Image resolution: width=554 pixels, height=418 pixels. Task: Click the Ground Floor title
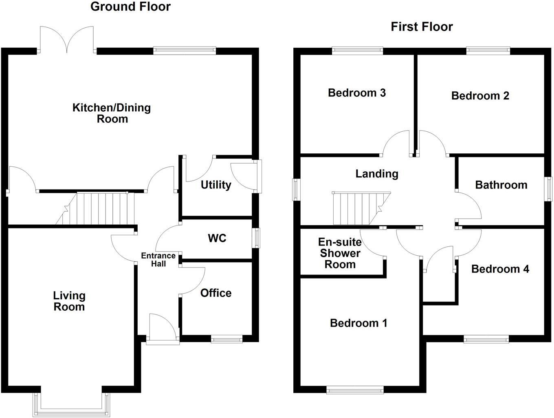tap(130, 7)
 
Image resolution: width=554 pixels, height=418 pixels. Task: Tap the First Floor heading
tap(422, 27)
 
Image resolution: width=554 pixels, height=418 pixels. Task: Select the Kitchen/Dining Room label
tap(112, 113)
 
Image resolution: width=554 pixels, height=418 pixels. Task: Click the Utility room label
tap(216, 185)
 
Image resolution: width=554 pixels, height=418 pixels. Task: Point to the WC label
tap(217, 238)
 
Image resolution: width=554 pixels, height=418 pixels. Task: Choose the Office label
tap(216, 293)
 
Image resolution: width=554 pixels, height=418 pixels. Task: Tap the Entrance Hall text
tap(158, 260)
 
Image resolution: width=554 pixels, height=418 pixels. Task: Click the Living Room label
tap(69, 301)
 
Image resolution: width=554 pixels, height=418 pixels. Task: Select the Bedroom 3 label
tap(357, 93)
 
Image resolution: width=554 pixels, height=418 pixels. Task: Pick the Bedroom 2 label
tap(480, 96)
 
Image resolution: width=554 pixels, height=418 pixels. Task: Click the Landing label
tap(377, 174)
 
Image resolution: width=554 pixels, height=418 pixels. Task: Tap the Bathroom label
tap(501, 185)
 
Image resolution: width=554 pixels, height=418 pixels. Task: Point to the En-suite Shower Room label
tap(340, 253)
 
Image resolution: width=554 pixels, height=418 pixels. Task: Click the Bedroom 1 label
tap(358, 323)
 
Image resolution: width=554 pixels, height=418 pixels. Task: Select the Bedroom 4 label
tap(500, 269)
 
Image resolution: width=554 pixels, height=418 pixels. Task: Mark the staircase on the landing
tap(361, 208)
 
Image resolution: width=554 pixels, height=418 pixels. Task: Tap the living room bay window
tap(72, 405)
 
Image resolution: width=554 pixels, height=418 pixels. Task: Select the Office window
tap(226, 339)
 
